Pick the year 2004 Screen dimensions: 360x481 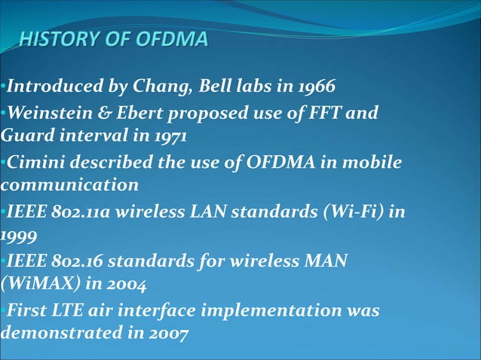127,285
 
